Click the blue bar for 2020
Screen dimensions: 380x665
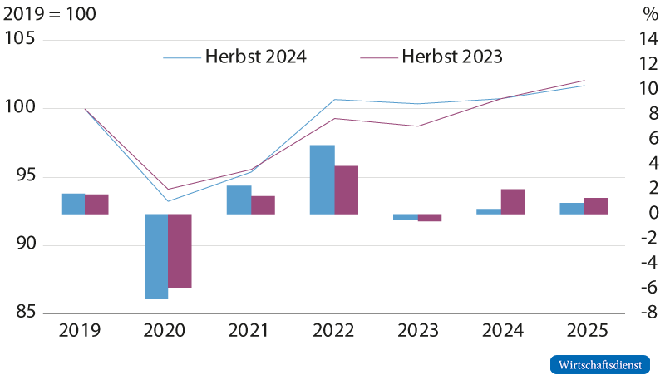click(156, 256)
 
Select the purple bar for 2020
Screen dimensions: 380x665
click(180, 250)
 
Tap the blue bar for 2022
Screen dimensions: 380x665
click(322, 180)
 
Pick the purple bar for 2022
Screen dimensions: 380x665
click(347, 190)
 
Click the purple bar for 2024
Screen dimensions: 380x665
click(513, 201)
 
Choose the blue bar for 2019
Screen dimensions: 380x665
click(72, 204)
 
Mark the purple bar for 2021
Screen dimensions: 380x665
click(264, 205)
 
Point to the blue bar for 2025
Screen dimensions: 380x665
click(571, 209)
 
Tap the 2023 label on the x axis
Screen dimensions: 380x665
click(417, 330)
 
